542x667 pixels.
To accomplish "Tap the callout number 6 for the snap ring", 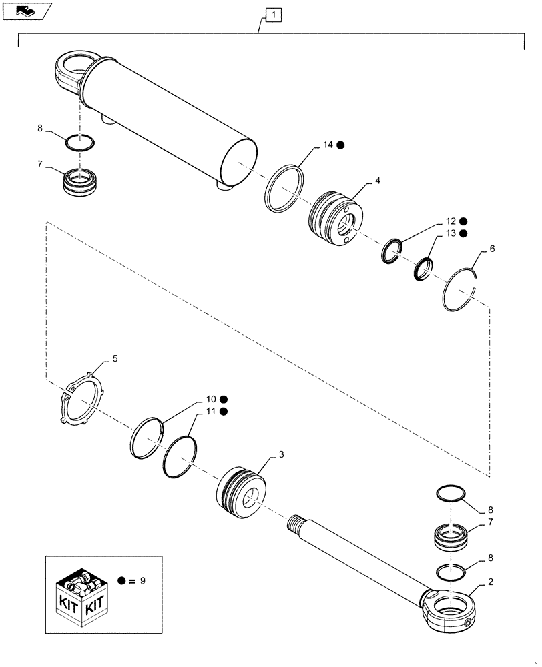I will pyautogui.click(x=492, y=248).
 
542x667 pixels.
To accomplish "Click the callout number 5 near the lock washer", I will pyautogui.click(x=115, y=359).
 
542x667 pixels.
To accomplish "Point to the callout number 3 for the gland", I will pyautogui.click(x=281, y=454).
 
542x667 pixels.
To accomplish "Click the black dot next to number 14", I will pyautogui.click(x=340, y=145).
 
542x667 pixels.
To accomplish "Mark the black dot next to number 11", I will pyautogui.click(x=223, y=411).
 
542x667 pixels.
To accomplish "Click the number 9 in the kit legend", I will pyautogui.click(x=142, y=581).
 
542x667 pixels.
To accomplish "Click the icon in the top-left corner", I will pyautogui.click(x=27, y=11).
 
